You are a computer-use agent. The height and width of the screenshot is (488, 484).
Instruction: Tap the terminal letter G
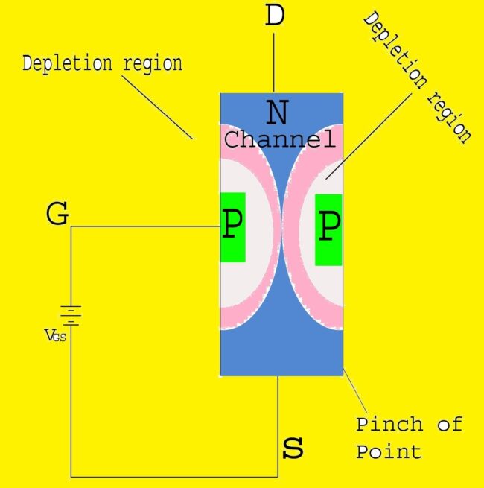pyautogui.click(x=57, y=215)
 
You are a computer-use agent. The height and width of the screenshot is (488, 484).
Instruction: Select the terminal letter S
pyautogui.click(x=294, y=449)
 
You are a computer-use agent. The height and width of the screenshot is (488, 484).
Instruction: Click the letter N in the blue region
pyautogui.click(x=277, y=113)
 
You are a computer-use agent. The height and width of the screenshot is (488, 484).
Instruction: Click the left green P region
pyautogui.click(x=232, y=226)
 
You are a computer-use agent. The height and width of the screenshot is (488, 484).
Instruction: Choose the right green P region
pyautogui.click(x=328, y=229)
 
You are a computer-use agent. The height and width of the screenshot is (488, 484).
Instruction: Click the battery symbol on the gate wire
pyautogui.click(x=71, y=315)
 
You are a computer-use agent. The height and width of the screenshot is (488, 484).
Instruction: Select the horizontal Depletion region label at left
pyautogui.click(x=102, y=63)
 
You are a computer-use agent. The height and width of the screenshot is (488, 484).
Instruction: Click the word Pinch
pyautogui.click(x=389, y=425)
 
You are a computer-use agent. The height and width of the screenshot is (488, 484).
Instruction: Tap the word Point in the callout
pyautogui.click(x=388, y=451)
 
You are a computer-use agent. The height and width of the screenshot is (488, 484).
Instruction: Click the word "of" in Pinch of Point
pyautogui.click(x=446, y=425)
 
